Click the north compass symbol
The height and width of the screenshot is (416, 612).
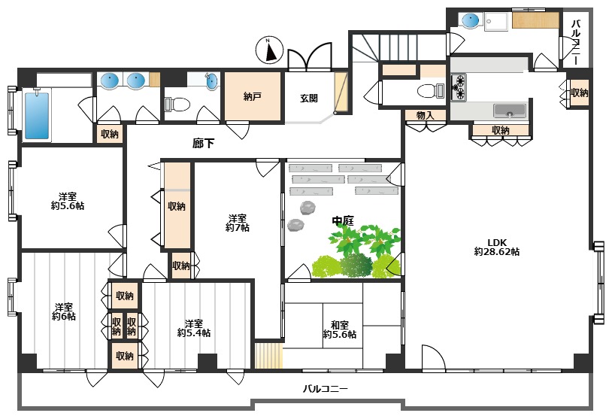coord(269,50)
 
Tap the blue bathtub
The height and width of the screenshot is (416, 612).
coord(37,115)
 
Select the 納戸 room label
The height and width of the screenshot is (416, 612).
coord(252,96)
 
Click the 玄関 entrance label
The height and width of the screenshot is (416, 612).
coord(309,98)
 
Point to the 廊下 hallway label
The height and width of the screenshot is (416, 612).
coord(203,144)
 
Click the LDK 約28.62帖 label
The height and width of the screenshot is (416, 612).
coord(496,247)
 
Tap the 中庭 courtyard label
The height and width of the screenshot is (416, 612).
coord(343,220)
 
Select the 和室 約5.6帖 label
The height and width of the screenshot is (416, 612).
coord(339,329)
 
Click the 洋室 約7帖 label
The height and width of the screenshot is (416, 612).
coord(238,223)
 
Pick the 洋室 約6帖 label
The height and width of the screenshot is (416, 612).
coord(64,311)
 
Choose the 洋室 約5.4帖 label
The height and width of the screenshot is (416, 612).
coord(193,328)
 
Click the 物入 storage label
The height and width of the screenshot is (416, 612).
coord(425,115)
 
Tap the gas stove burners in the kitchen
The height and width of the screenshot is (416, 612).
coord(459,87)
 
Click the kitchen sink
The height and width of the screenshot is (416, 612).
coord(509,111)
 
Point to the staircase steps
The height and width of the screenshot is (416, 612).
coord(398,47)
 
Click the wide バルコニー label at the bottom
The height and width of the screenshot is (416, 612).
coord(325,389)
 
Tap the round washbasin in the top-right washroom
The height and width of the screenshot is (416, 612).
coord(471,20)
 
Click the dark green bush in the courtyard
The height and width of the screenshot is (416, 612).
coord(356,265)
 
